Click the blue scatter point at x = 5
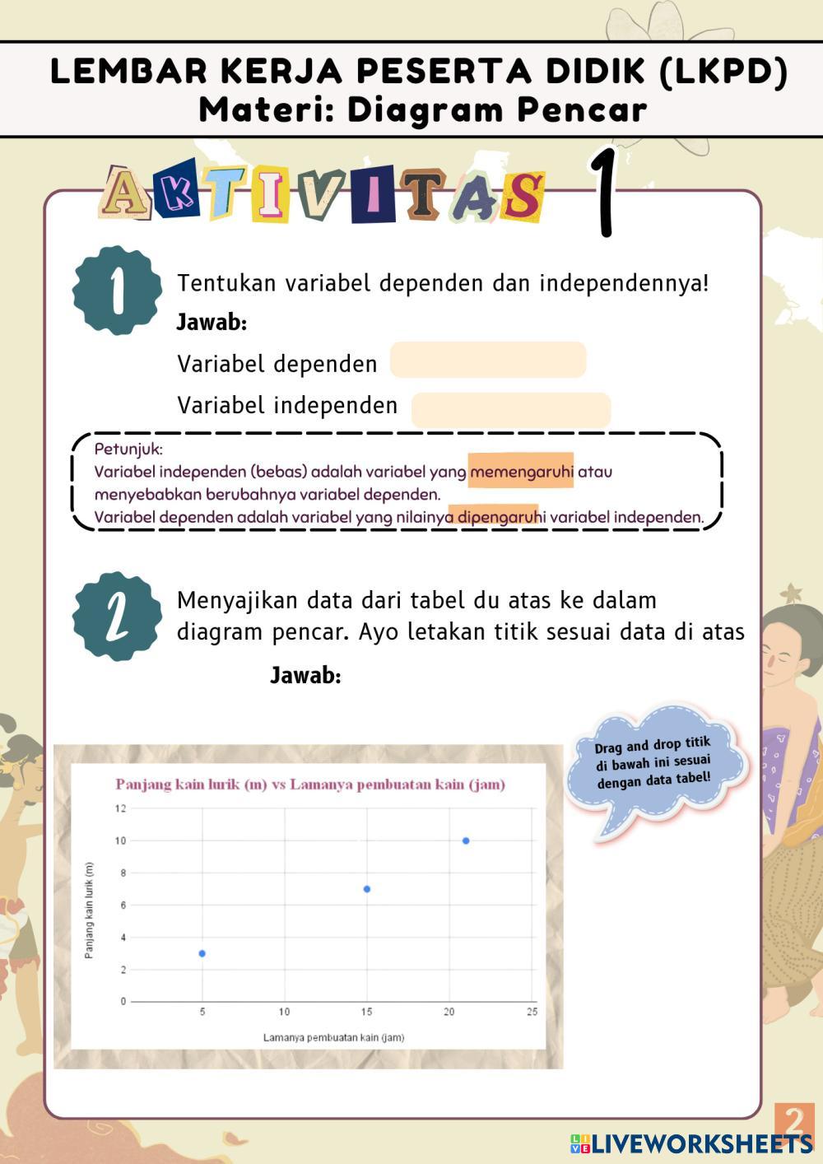(x=202, y=953)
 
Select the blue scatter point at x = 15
(x=366, y=889)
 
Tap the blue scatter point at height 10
(x=466, y=840)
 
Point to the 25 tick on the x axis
(x=532, y=1012)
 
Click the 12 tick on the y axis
(x=121, y=808)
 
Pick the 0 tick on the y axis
(x=123, y=1002)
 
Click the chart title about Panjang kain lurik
(x=309, y=785)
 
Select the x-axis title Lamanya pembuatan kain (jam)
(x=333, y=1037)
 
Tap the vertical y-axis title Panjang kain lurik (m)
(x=90, y=910)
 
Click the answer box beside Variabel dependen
(x=488, y=361)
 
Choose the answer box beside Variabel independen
(x=510, y=409)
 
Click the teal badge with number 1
(x=117, y=291)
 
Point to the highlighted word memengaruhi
(x=521, y=472)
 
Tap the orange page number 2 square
(x=794, y=1121)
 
